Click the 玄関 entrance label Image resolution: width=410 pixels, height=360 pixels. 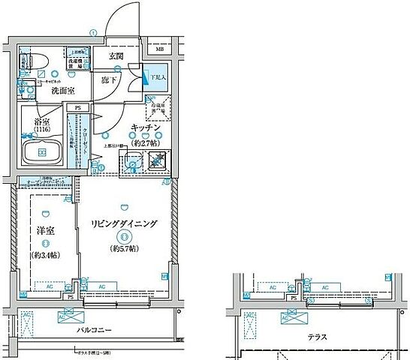(116, 55)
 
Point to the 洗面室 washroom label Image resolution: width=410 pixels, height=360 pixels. (62, 91)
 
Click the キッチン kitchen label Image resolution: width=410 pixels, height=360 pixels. (144, 127)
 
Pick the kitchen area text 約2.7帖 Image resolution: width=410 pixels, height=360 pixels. (144, 142)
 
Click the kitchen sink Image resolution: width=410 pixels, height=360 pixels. (134, 162)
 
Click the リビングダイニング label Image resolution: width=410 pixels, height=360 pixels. (124, 224)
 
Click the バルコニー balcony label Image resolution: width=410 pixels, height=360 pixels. (94, 329)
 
